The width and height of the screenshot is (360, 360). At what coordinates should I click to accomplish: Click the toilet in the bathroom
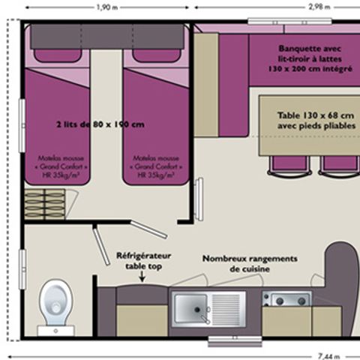[x=55, y=303]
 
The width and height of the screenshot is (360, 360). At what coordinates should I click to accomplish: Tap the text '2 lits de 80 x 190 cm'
[x=100, y=124]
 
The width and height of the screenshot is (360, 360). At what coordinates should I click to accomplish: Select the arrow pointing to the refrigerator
[x=140, y=277]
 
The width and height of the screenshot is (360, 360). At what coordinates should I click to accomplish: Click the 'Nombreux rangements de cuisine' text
[x=250, y=263]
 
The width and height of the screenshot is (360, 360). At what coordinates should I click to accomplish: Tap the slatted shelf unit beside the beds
[x=45, y=203]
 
